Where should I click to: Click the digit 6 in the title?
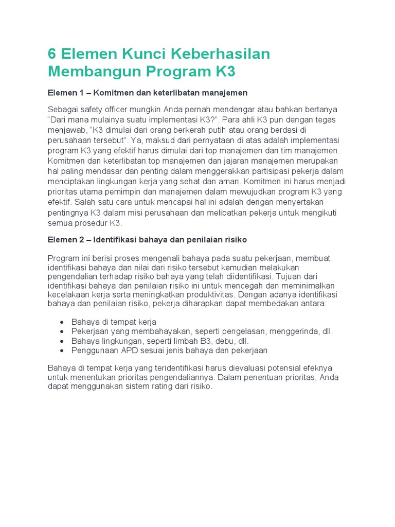52,54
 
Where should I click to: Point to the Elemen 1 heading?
148,93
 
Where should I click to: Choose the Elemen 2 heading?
147,240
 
